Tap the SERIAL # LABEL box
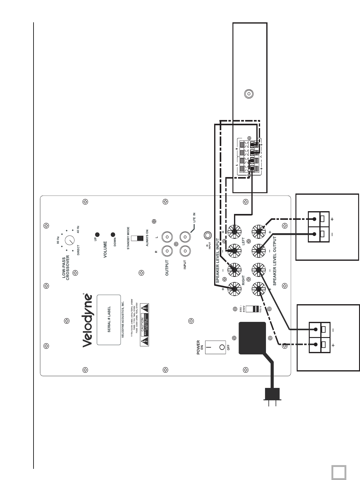coord(109,320)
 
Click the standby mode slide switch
coord(138,238)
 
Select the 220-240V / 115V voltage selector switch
coord(254,309)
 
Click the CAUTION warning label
coord(144,325)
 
